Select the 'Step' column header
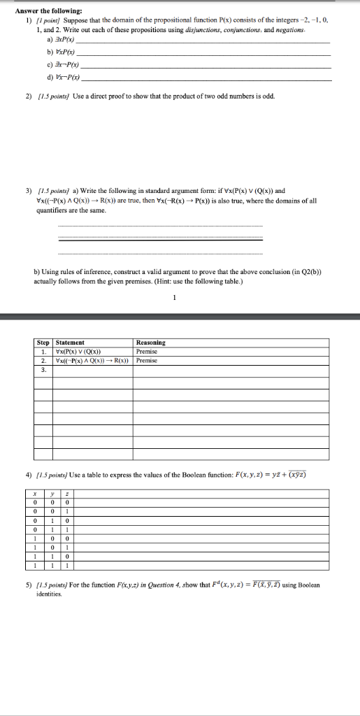44,343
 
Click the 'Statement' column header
70,343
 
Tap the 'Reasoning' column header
151,343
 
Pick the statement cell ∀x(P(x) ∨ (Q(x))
79,351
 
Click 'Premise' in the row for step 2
147,360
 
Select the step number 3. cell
44,370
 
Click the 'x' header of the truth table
26,493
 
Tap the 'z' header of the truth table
65,493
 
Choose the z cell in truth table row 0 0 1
65,511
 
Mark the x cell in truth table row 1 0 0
26,539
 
